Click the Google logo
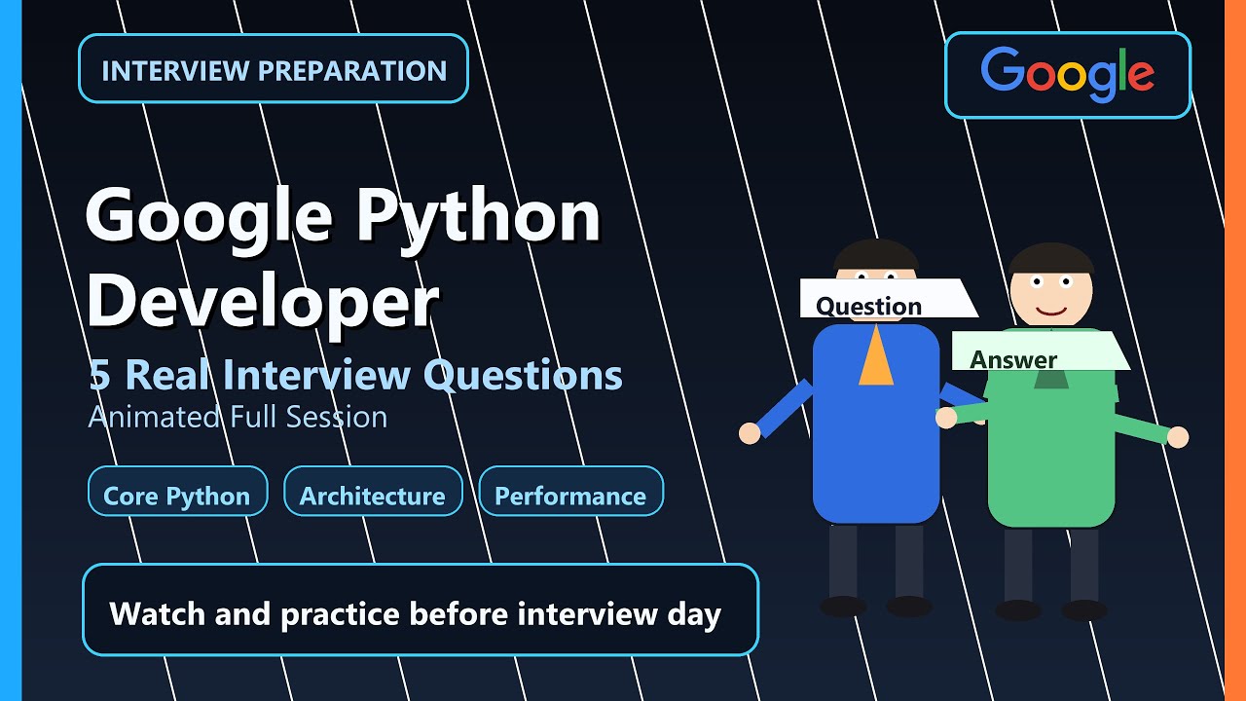pos(1067,75)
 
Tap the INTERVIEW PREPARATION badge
pos(274,70)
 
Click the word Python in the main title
pos(477,216)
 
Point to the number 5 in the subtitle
pos(98,375)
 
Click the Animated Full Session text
pos(238,417)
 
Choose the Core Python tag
pos(177,496)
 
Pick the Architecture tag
pos(372,496)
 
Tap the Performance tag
pos(570,496)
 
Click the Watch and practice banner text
pos(416,614)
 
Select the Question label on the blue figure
pos(868,306)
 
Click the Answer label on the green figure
pos(1013,359)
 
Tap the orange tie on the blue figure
pos(876,356)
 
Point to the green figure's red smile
pos(1051,311)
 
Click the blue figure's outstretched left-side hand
pos(749,433)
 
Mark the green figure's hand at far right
pos(1178,437)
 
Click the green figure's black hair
pos(1051,257)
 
